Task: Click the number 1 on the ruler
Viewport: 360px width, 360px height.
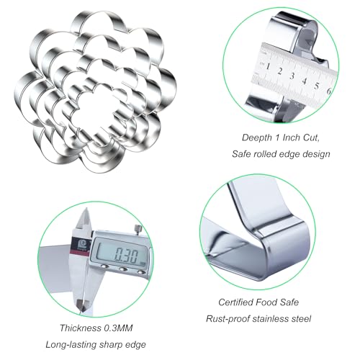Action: click(x=268, y=66)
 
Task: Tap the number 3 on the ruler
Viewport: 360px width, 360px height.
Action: click(x=292, y=76)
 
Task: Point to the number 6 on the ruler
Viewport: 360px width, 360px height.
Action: click(x=329, y=91)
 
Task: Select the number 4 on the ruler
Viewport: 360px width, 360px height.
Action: click(x=305, y=81)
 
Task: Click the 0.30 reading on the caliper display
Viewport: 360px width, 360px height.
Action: click(x=126, y=256)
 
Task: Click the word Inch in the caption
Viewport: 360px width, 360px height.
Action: click(x=292, y=138)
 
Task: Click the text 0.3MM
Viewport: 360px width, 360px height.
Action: click(x=118, y=328)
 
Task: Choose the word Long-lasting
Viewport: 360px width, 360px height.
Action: click(x=71, y=345)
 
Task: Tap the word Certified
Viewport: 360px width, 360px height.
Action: click(x=235, y=302)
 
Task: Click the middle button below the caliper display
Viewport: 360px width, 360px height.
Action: click(x=123, y=269)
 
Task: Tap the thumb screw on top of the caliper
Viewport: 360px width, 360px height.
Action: click(x=138, y=228)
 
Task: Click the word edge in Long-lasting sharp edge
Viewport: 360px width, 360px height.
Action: click(x=136, y=345)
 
